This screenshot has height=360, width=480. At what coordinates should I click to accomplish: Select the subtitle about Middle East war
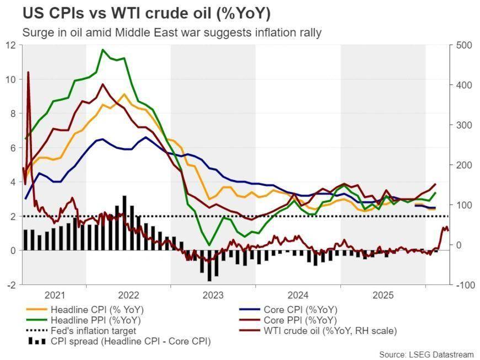pos(172,33)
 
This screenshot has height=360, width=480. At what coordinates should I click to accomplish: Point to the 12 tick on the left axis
pos(11,45)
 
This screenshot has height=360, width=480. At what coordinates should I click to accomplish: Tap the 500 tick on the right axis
pos(463,45)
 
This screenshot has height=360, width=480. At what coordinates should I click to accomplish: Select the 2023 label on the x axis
pos(213,295)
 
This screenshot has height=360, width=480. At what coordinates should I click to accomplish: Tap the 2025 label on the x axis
pos(383,295)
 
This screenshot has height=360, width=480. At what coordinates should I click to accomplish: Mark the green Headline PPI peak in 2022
pos(102,50)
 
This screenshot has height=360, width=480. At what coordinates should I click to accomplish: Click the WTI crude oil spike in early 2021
pos(28,72)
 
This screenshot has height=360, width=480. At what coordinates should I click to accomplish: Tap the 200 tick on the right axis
pos(463,165)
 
